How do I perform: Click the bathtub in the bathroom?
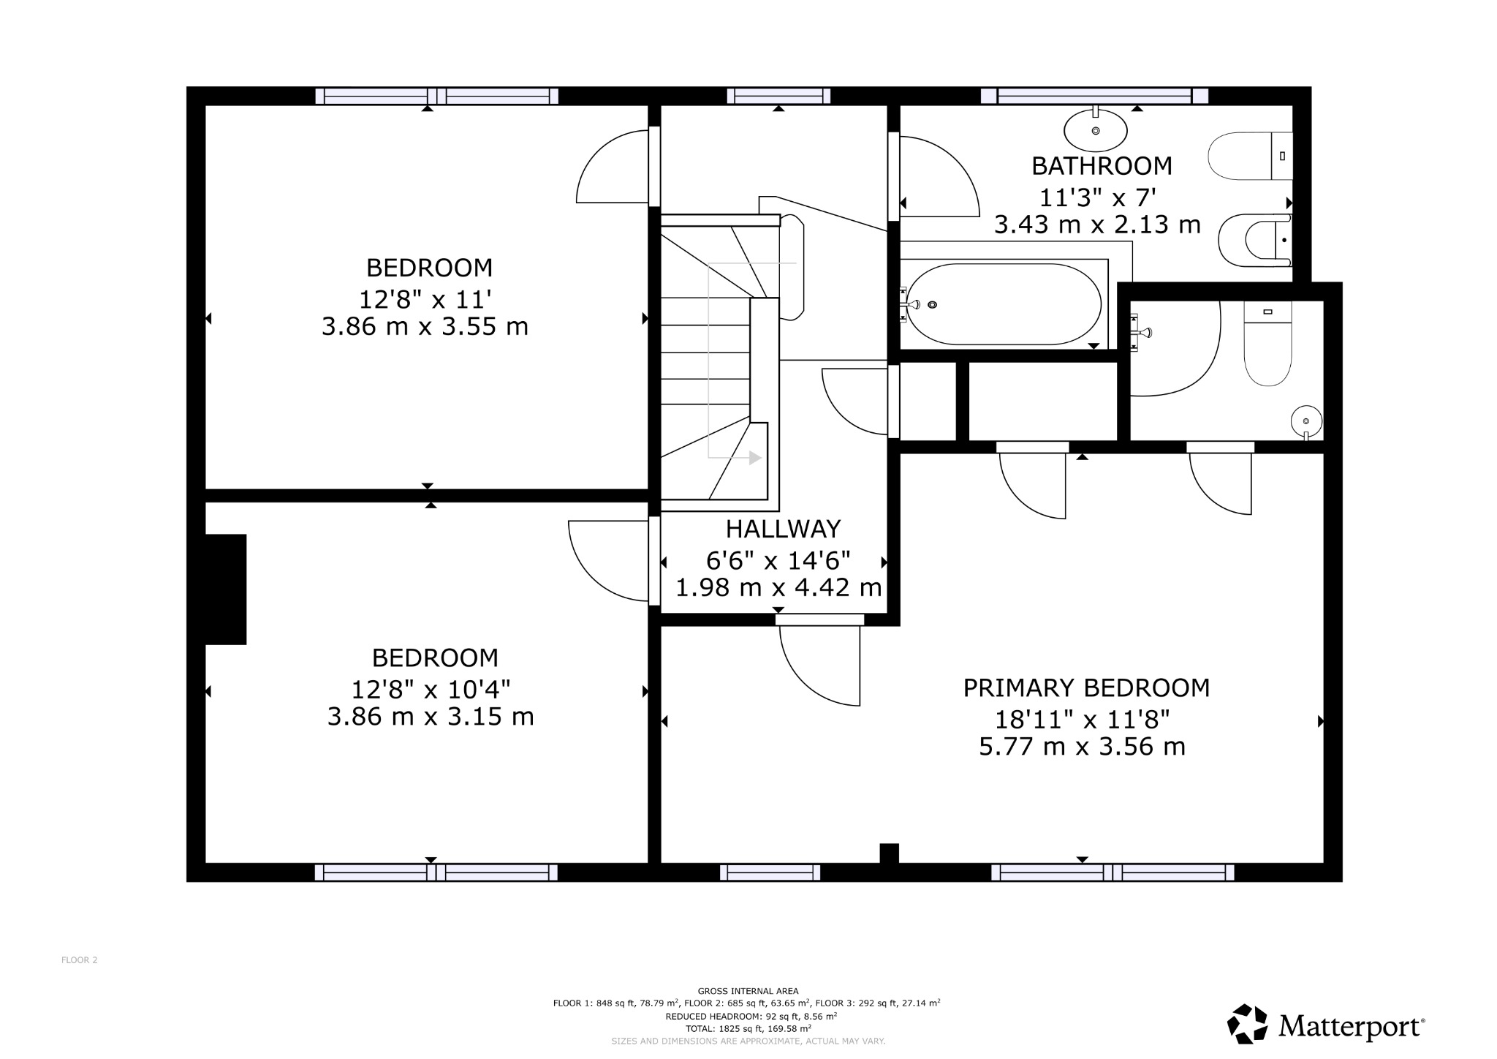coord(1003,304)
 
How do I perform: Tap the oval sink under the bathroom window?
coord(1095,131)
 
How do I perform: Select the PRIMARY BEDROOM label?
coord(1086,688)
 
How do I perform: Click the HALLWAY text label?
coord(783,529)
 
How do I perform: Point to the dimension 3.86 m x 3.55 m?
coord(425,326)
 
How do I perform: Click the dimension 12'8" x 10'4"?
coord(431,689)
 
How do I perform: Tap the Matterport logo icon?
coord(1247,1023)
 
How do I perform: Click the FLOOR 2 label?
coord(79,960)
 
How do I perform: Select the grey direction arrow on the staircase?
coord(754,458)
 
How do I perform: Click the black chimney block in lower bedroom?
coord(225,589)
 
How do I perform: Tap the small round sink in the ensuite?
coord(1306,421)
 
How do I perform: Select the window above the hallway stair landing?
coord(778,96)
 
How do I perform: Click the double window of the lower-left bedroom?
coord(436,872)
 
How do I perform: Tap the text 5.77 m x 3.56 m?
coord(1082,747)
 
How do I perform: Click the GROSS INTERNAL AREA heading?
coord(748,991)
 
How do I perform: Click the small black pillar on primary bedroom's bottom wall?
coord(889,853)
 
